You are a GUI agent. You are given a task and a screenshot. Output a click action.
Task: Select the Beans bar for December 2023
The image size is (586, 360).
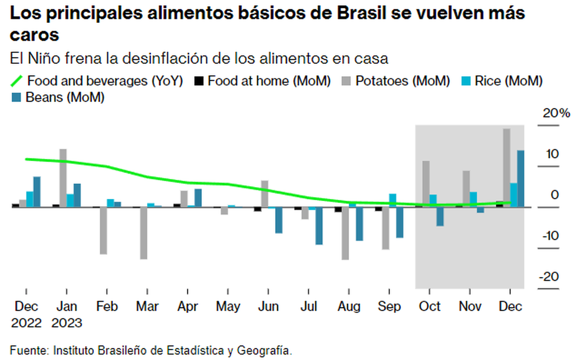tap(521, 179)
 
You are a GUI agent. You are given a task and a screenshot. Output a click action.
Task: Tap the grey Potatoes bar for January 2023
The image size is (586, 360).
tap(63, 178)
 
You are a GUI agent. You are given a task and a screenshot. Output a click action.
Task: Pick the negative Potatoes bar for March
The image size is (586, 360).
tap(144, 233)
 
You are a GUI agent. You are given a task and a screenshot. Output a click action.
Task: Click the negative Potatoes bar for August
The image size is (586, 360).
tap(345, 233)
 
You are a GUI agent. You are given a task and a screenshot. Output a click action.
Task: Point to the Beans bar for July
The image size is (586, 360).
tap(319, 226)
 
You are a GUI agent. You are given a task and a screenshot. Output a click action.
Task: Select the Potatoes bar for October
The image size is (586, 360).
tap(426, 184)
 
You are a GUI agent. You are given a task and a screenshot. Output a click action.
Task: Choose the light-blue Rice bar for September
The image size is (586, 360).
tap(393, 200)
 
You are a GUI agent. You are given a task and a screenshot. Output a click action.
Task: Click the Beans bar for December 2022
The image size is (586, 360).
tap(37, 191)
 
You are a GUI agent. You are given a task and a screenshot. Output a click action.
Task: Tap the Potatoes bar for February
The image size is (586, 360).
tap(103, 231)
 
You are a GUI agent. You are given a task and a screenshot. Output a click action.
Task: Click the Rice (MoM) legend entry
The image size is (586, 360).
tap(503, 81)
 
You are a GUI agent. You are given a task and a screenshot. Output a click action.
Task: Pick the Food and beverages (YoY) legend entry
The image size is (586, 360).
tap(98, 81)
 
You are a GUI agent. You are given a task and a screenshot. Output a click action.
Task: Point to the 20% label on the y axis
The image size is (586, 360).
tap(556, 113)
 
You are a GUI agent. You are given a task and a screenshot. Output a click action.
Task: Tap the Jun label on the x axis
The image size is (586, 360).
tap(268, 307)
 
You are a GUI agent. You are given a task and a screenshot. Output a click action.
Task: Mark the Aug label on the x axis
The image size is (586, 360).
tap(349, 307)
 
